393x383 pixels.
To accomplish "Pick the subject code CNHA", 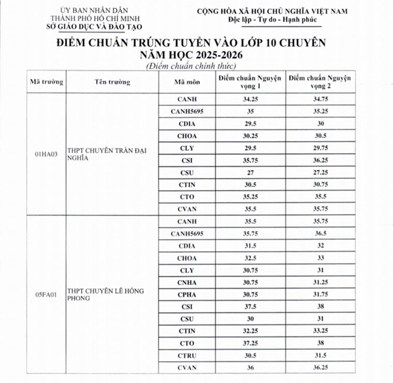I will pos(187,281).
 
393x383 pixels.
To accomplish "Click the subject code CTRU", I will pos(187,356).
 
